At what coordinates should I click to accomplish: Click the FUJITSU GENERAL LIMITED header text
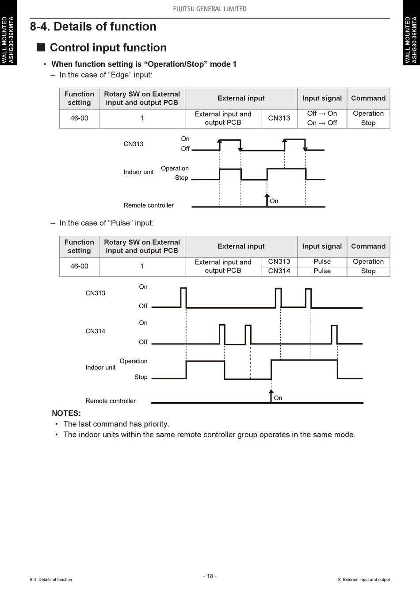(x=210, y=9)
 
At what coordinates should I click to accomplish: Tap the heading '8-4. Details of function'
(x=93, y=26)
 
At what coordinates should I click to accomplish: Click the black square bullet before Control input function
(x=41, y=47)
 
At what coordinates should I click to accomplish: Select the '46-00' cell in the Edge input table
(x=79, y=118)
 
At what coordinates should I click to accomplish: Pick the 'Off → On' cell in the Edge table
(x=322, y=113)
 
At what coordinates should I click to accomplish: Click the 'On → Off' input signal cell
(x=322, y=123)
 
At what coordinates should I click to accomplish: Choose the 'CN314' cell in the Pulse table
(x=279, y=271)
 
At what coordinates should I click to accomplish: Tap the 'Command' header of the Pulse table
(x=368, y=246)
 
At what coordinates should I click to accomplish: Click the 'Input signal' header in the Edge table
(x=322, y=98)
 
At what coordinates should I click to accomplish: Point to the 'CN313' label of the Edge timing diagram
(x=134, y=144)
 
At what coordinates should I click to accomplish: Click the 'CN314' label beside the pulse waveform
(x=95, y=331)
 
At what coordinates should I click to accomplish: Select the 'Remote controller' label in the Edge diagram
(x=149, y=205)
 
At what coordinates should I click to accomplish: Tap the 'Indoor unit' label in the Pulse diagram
(x=100, y=367)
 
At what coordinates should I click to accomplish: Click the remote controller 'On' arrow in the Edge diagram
(x=267, y=200)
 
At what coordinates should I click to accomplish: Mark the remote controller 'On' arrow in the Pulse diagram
(x=271, y=396)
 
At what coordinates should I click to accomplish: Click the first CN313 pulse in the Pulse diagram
(x=183, y=297)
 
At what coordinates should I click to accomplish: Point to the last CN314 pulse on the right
(x=334, y=334)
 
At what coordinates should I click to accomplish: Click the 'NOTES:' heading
(x=66, y=413)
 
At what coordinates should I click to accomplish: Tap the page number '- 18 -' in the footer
(x=210, y=576)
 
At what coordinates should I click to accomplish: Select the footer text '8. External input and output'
(x=364, y=580)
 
